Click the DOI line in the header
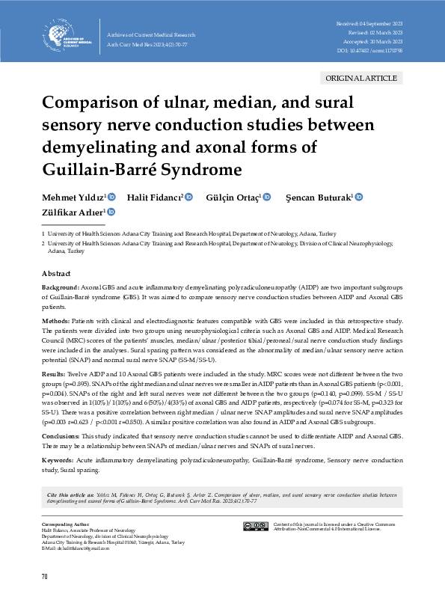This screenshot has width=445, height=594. coord(369,51)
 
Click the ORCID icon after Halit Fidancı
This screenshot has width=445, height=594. coord(189,197)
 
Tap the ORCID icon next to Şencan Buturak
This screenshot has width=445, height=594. coord(358,197)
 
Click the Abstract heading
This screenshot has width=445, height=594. coord(56,275)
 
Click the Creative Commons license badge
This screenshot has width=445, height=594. coord(256,527)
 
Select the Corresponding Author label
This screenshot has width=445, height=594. coord(62,525)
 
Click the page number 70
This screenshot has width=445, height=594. coord(46,576)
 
